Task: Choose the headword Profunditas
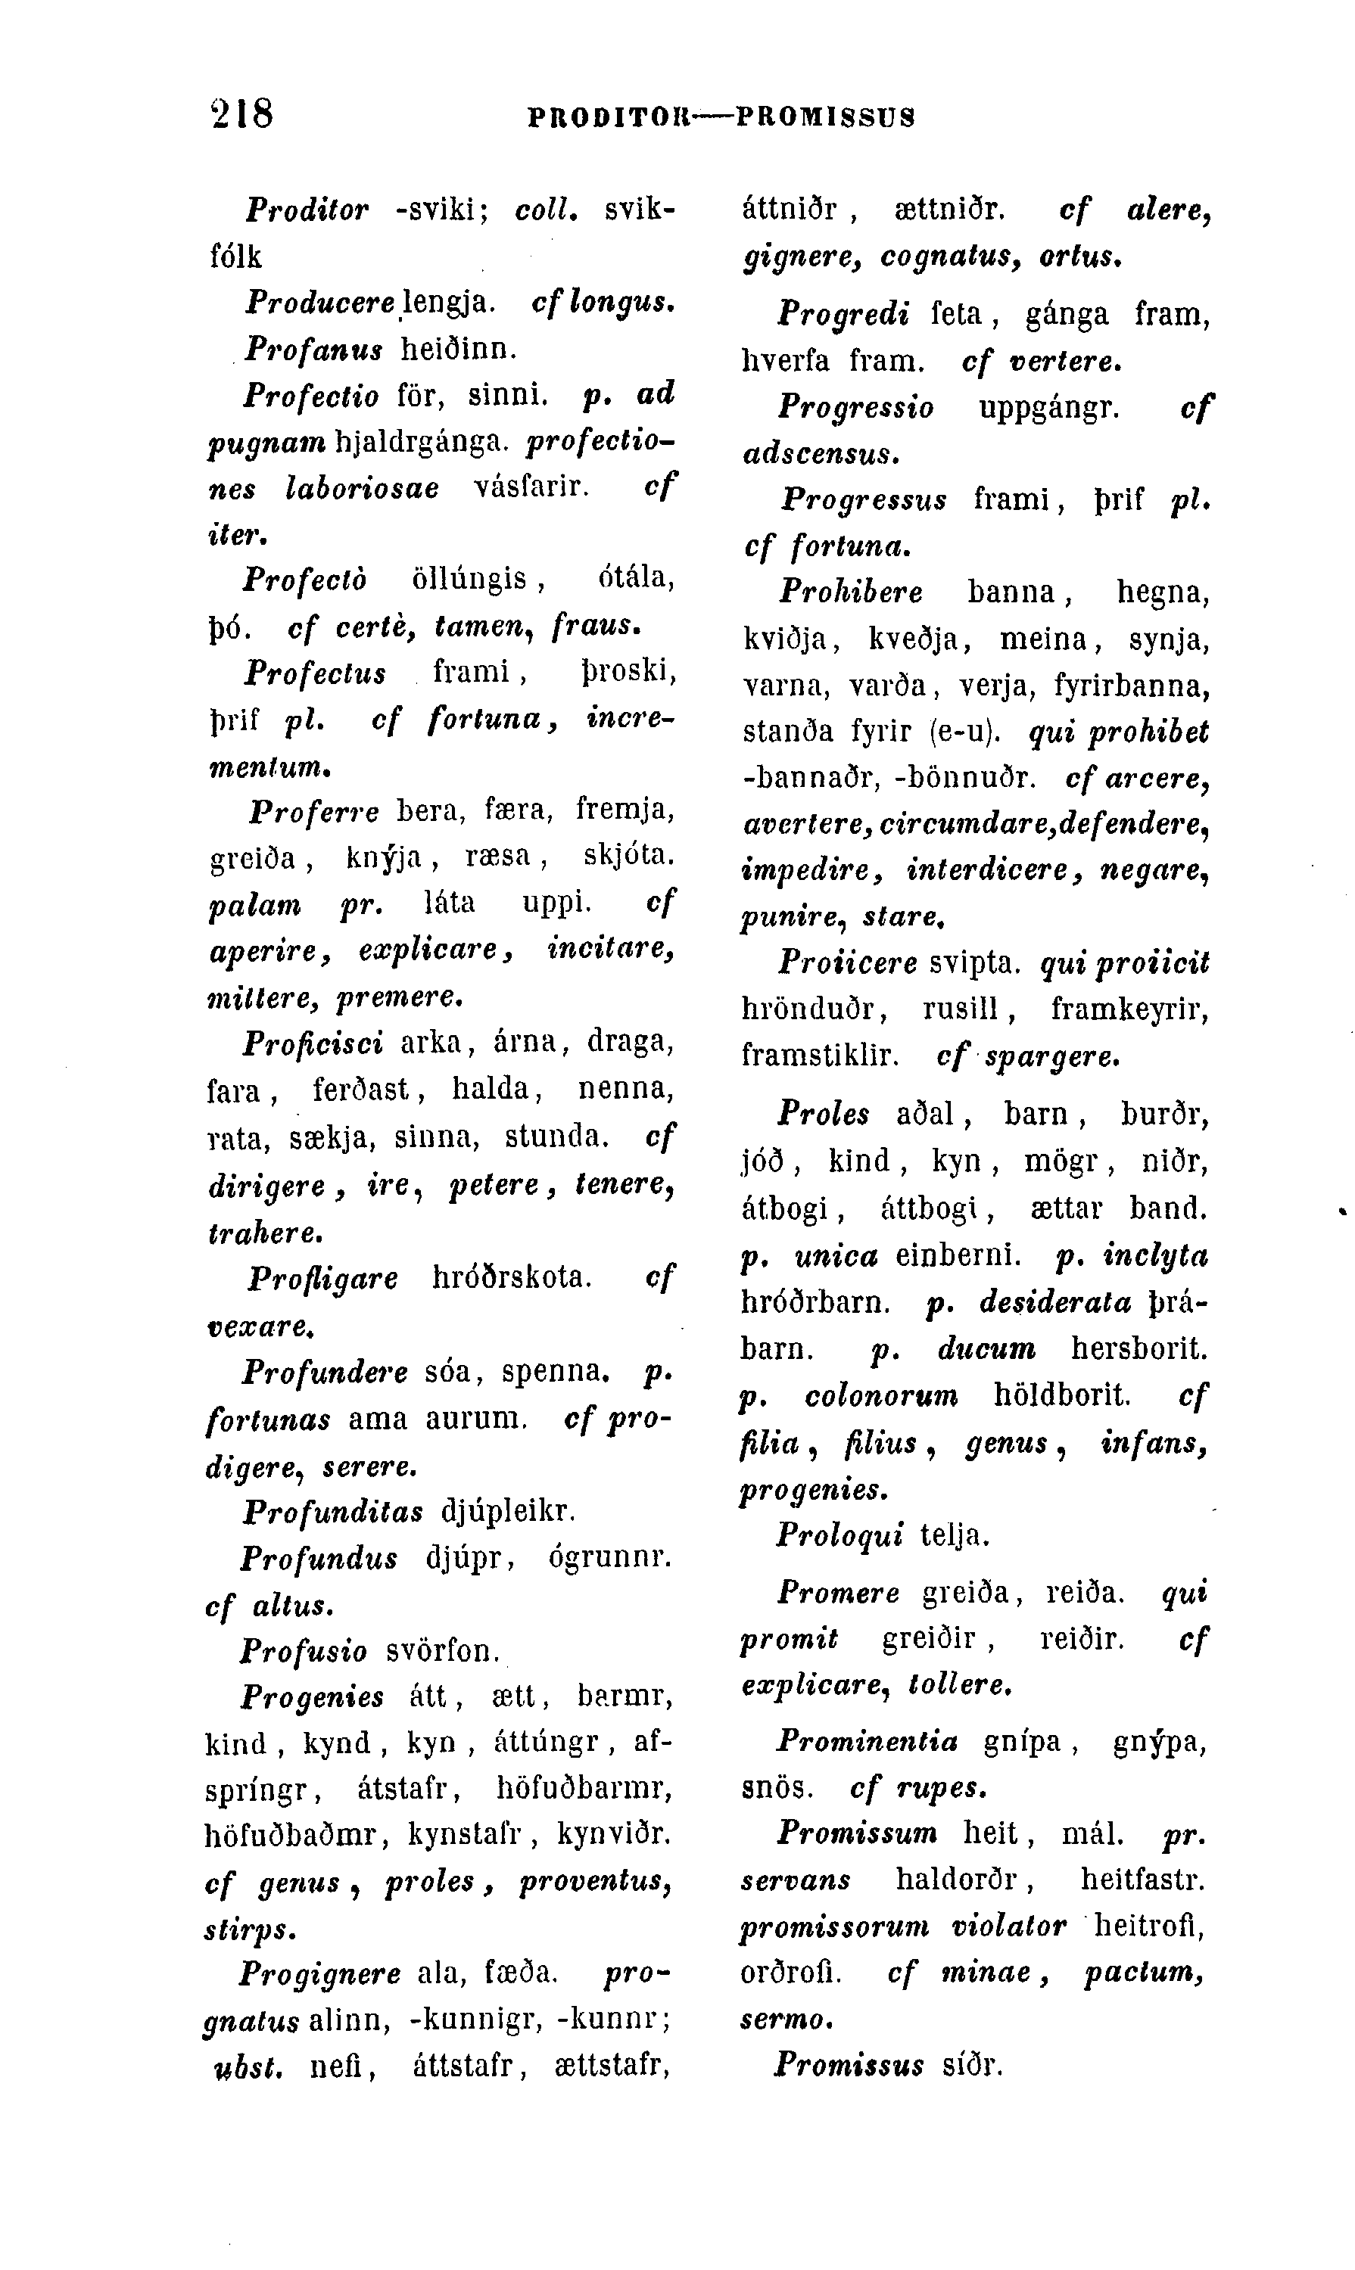(x=332, y=1513)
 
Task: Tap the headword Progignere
(x=319, y=1973)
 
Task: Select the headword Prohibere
(x=850, y=592)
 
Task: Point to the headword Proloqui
(x=839, y=1535)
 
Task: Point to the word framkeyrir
(x=1129, y=1009)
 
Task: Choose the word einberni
(x=957, y=1257)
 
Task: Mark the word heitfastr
(x=1142, y=1880)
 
